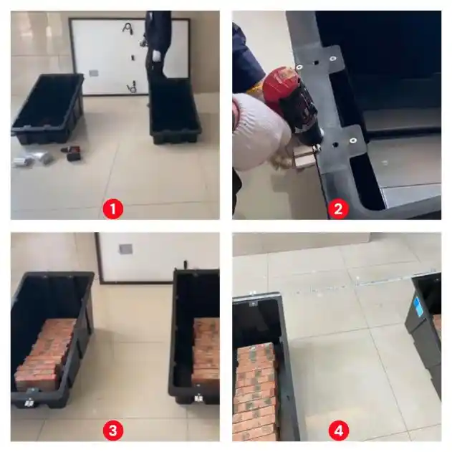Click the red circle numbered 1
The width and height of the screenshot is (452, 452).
coord(112,208)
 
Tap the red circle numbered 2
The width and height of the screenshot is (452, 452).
coord(338,208)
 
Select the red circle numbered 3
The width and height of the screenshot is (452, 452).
coord(112,431)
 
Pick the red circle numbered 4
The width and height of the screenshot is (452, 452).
coord(338,431)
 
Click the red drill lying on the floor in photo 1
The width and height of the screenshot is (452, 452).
coord(73,153)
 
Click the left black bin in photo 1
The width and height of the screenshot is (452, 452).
coord(47,108)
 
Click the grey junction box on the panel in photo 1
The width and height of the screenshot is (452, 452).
coord(93,72)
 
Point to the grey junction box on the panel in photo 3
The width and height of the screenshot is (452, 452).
coord(125,249)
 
